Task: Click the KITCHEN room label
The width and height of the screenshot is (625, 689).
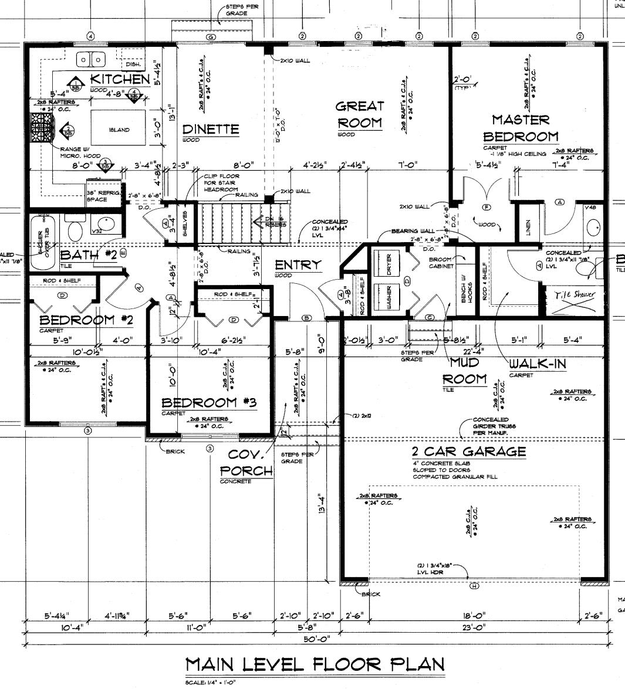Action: [120, 79]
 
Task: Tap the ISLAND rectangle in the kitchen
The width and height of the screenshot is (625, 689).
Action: [119, 130]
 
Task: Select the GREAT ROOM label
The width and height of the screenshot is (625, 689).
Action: [360, 115]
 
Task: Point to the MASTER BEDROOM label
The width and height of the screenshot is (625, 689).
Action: [521, 128]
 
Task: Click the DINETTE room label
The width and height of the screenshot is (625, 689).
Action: [210, 129]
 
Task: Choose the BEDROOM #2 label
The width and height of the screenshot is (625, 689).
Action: [86, 320]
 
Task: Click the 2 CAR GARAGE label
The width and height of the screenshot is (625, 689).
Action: [468, 452]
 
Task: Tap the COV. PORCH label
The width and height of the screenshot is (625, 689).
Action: [246, 463]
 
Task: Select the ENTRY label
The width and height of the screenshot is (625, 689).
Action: [299, 265]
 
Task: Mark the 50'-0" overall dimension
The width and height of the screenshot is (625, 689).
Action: [317, 639]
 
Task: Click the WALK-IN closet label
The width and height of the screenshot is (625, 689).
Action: [537, 364]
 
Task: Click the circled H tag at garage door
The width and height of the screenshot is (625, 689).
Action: [474, 586]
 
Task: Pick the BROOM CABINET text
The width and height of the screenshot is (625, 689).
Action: [441, 263]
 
